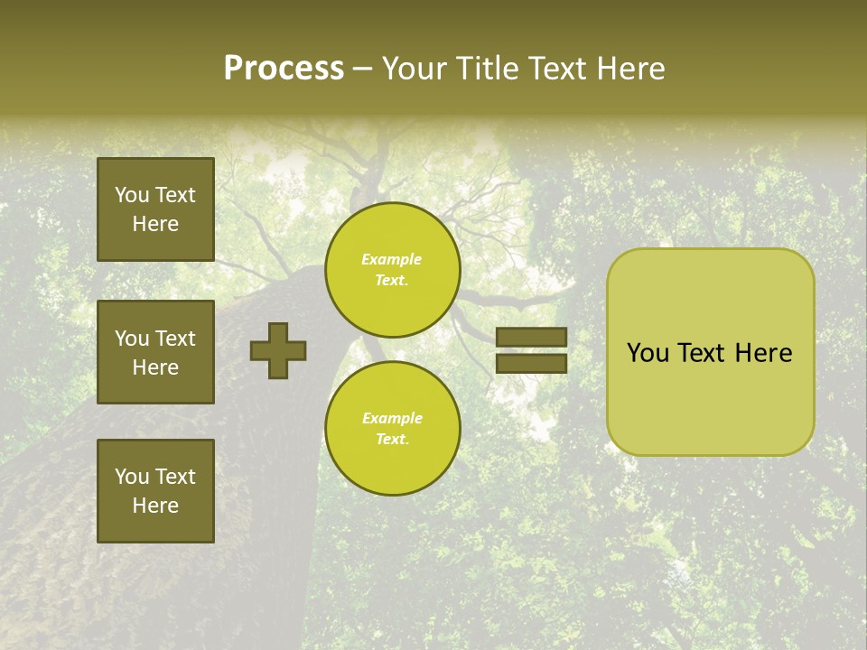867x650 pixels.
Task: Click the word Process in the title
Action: tap(284, 69)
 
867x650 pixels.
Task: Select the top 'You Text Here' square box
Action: tap(155, 209)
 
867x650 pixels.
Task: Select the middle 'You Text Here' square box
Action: tap(155, 352)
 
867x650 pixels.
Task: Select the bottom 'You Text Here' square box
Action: tap(155, 491)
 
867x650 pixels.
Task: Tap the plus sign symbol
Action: tap(278, 350)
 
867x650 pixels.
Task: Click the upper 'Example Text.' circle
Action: tap(392, 270)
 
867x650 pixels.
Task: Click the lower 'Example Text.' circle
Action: tap(392, 429)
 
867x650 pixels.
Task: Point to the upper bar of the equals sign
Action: tap(531, 337)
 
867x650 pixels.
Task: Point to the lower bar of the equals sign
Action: tap(531, 364)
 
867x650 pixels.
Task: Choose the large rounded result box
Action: tap(710, 352)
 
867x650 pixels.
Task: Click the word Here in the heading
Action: tap(630, 69)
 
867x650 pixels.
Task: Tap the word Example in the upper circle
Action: tap(392, 259)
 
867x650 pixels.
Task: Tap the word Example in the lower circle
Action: tap(392, 418)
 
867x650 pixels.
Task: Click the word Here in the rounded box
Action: tap(763, 353)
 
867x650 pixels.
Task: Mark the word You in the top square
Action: tap(131, 195)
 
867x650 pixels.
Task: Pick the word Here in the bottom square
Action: tap(155, 506)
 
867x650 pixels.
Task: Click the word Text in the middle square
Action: tap(174, 339)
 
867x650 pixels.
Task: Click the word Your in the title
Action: tap(415, 69)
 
